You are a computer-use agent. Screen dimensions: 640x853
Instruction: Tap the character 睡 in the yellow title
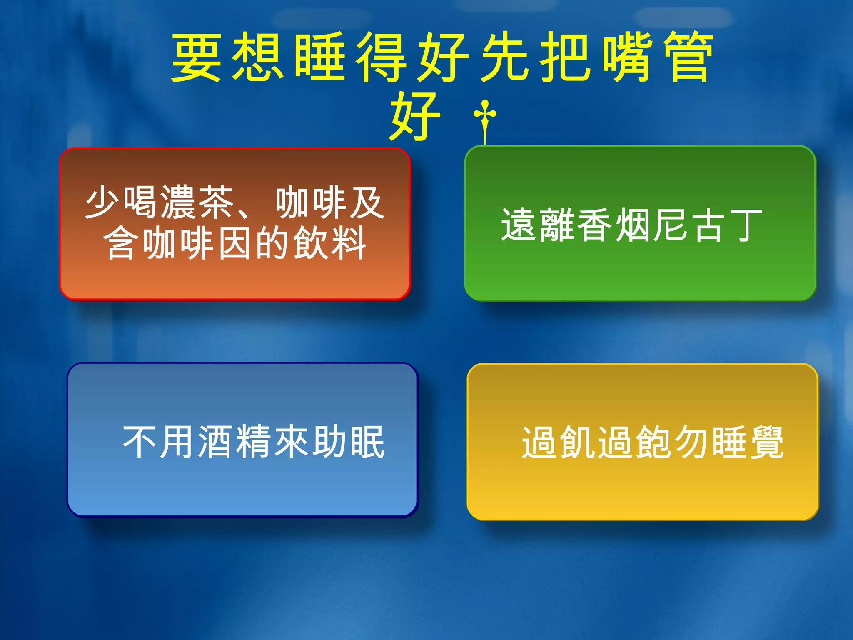click(x=320, y=57)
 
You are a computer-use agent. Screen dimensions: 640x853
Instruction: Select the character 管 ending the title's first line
click(x=689, y=57)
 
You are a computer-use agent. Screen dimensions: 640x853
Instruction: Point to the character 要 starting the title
click(x=196, y=57)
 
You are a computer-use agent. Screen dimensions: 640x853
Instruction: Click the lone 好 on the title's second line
click(x=415, y=116)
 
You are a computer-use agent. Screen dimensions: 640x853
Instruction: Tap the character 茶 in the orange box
click(x=216, y=202)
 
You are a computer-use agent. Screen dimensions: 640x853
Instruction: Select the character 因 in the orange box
click(x=235, y=243)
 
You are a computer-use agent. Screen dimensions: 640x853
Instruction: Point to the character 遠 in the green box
click(x=518, y=225)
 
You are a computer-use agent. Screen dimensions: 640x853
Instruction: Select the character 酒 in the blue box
click(x=215, y=442)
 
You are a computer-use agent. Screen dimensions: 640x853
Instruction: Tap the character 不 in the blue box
click(x=140, y=442)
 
